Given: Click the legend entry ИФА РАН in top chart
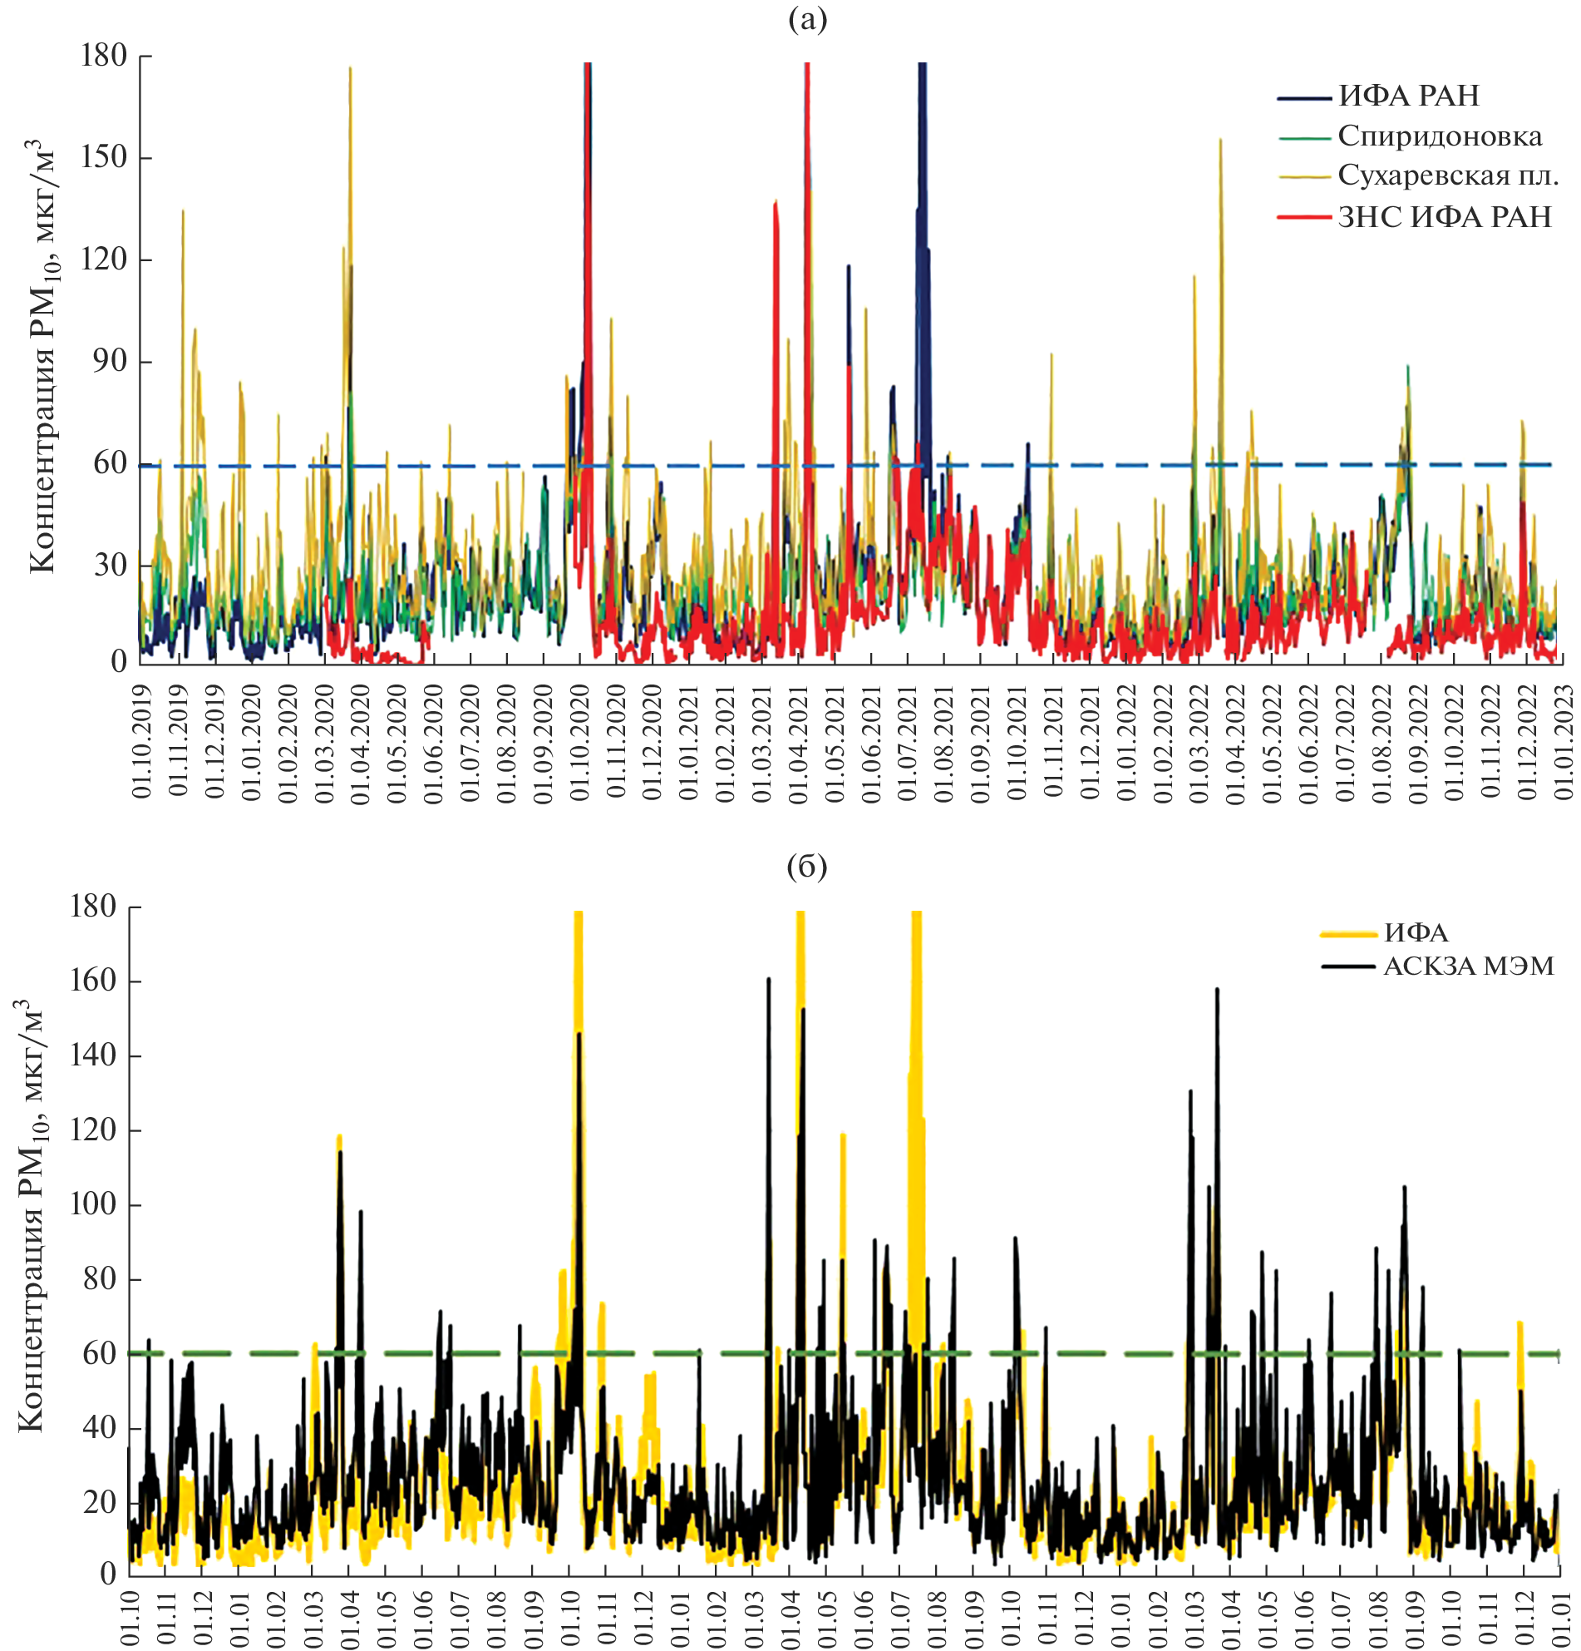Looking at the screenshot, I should [x=1407, y=96].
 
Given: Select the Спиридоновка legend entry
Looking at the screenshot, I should [x=1440, y=136].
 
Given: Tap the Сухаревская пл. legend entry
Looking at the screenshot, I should [x=1448, y=176].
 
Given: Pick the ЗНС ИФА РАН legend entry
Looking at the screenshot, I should [x=1444, y=217].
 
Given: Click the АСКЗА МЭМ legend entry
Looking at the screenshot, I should [x=1468, y=966].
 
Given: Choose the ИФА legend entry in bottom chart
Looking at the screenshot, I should [x=1416, y=933].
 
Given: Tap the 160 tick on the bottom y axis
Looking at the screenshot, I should [x=92, y=981].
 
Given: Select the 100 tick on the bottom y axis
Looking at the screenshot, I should [x=92, y=1204].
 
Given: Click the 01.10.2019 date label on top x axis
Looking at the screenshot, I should [x=141, y=741].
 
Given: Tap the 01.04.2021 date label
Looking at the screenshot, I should [x=797, y=741].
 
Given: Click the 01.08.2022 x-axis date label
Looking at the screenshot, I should [x=1381, y=741].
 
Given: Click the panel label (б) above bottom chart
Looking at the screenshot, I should [x=806, y=866].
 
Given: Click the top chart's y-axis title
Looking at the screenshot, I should [x=42, y=358].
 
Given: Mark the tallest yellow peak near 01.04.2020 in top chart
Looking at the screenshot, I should [x=350, y=69].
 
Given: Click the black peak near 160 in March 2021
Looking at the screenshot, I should [x=769, y=980].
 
